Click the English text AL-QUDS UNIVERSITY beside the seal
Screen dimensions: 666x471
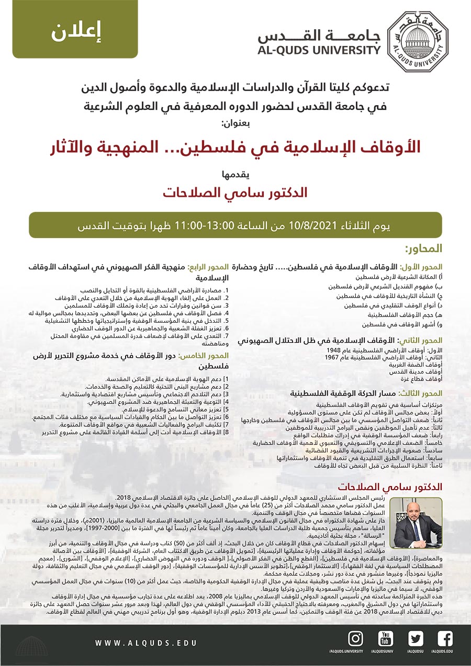tap(319, 51)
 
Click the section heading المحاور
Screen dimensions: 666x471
tap(423, 248)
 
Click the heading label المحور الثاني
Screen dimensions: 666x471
tap(422, 341)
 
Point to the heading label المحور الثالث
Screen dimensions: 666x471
tap(422, 393)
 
